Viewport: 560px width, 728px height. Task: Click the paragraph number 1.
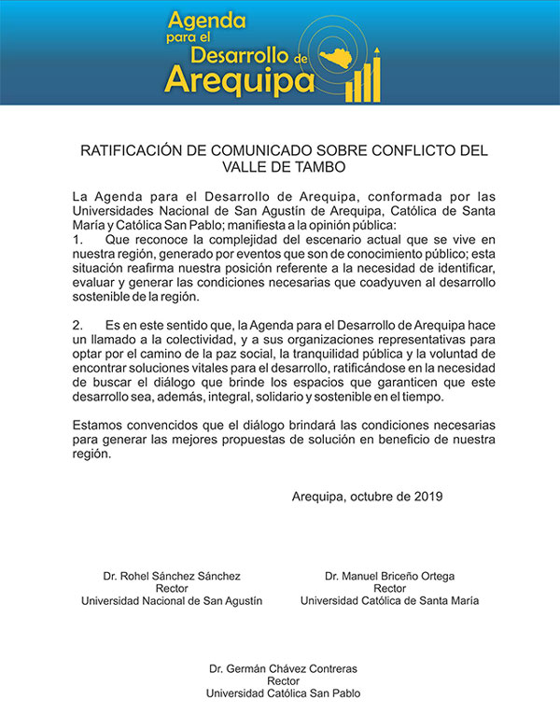tap(77, 240)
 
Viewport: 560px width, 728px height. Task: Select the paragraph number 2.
tap(77, 324)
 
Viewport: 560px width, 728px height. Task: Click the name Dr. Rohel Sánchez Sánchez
tap(172, 577)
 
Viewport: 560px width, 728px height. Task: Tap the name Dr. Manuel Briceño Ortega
tap(389, 577)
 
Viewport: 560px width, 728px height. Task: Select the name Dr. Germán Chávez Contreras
tap(282, 669)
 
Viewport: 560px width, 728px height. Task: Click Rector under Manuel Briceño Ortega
tap(389, 589)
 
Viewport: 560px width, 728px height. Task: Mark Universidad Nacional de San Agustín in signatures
tap(172, 601)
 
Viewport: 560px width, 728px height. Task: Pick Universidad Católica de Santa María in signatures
tap(389, 601)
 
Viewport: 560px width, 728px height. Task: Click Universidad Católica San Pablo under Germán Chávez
tap(282, 693)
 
